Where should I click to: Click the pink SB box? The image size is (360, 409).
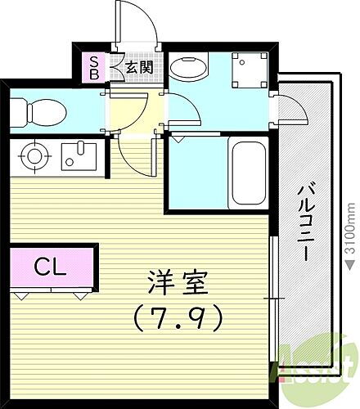tap(95, 67)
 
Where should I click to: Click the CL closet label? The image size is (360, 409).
tap(51, 266)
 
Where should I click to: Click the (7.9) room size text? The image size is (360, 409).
tap(178, 317)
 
